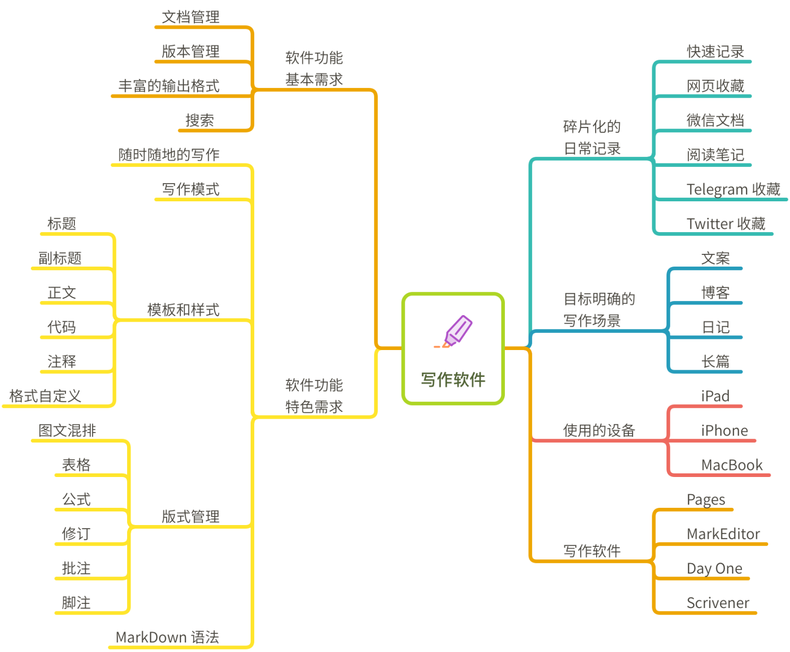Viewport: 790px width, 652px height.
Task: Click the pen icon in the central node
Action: (453, 331)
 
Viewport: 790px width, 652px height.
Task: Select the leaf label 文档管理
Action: (190, 17)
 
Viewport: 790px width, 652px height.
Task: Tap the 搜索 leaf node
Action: (200, 120)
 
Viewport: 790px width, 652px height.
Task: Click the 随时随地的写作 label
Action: (169, 154)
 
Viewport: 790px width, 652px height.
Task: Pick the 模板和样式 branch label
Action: (183, 310)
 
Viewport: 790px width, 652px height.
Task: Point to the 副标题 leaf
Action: (60, 258)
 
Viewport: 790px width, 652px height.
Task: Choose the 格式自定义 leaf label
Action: (45, 396)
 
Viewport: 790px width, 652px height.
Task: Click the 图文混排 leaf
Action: (67, 430)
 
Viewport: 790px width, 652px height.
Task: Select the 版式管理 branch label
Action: (190, 516)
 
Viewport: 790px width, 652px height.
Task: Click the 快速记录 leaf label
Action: (715, 52)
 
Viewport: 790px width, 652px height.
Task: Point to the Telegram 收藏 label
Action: (733, 189)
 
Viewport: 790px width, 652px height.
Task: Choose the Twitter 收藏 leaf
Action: (726, 224)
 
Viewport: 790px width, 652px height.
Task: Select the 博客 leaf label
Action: (715, 292)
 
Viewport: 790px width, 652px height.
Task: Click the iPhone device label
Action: (724, 430)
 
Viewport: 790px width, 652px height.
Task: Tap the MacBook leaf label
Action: (731, 464)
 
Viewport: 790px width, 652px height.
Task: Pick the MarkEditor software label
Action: (723, 534)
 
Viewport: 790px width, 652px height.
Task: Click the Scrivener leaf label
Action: (718, 602)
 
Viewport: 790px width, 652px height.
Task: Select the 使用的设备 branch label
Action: (599, 430)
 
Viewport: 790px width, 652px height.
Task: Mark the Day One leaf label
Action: (715, 568)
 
